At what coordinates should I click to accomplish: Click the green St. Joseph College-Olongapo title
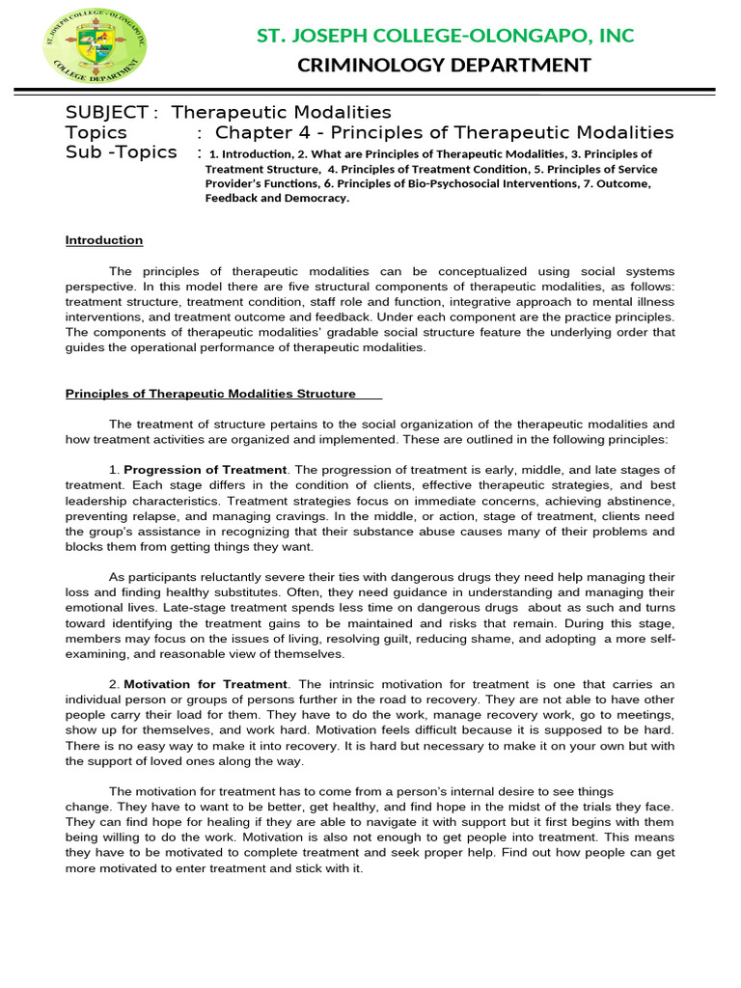[445, 36]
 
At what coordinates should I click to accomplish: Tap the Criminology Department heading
[445, 66]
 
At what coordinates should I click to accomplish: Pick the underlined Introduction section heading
[103, 240]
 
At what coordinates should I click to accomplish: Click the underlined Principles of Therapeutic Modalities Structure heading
[210, 394]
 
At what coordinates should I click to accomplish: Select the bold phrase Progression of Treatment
[205, 469]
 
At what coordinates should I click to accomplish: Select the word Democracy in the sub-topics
[315, 198]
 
